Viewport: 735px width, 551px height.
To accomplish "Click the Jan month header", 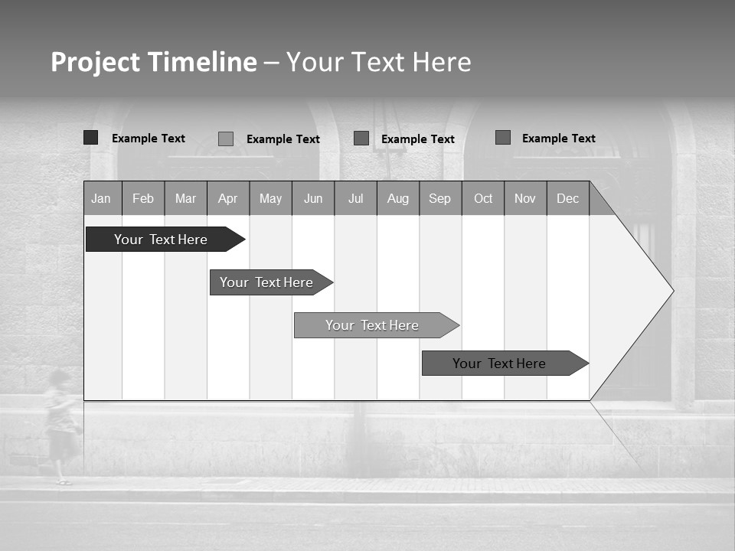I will (102, 198).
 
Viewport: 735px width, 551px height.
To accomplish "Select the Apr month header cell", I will (228, 198).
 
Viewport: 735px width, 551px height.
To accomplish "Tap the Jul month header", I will (355, 198).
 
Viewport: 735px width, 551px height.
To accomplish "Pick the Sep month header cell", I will (440, 198).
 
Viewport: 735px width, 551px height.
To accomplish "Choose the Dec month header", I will (567, 198).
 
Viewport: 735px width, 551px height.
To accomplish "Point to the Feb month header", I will (143, 198).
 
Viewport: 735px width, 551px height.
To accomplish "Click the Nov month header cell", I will (525, 198).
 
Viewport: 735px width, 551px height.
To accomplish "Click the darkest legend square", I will (90, 138).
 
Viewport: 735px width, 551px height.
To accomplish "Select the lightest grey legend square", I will (226, 139).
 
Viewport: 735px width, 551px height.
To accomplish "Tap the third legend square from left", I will (361, 139).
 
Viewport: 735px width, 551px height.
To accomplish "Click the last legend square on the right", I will (503, 138).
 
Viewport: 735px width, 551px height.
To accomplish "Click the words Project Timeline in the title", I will (154, 62).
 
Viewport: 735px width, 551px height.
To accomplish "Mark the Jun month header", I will (313, 198).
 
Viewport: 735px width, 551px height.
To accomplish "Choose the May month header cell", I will (270, 198).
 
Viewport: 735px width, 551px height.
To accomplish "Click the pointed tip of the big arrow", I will (671, 291).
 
